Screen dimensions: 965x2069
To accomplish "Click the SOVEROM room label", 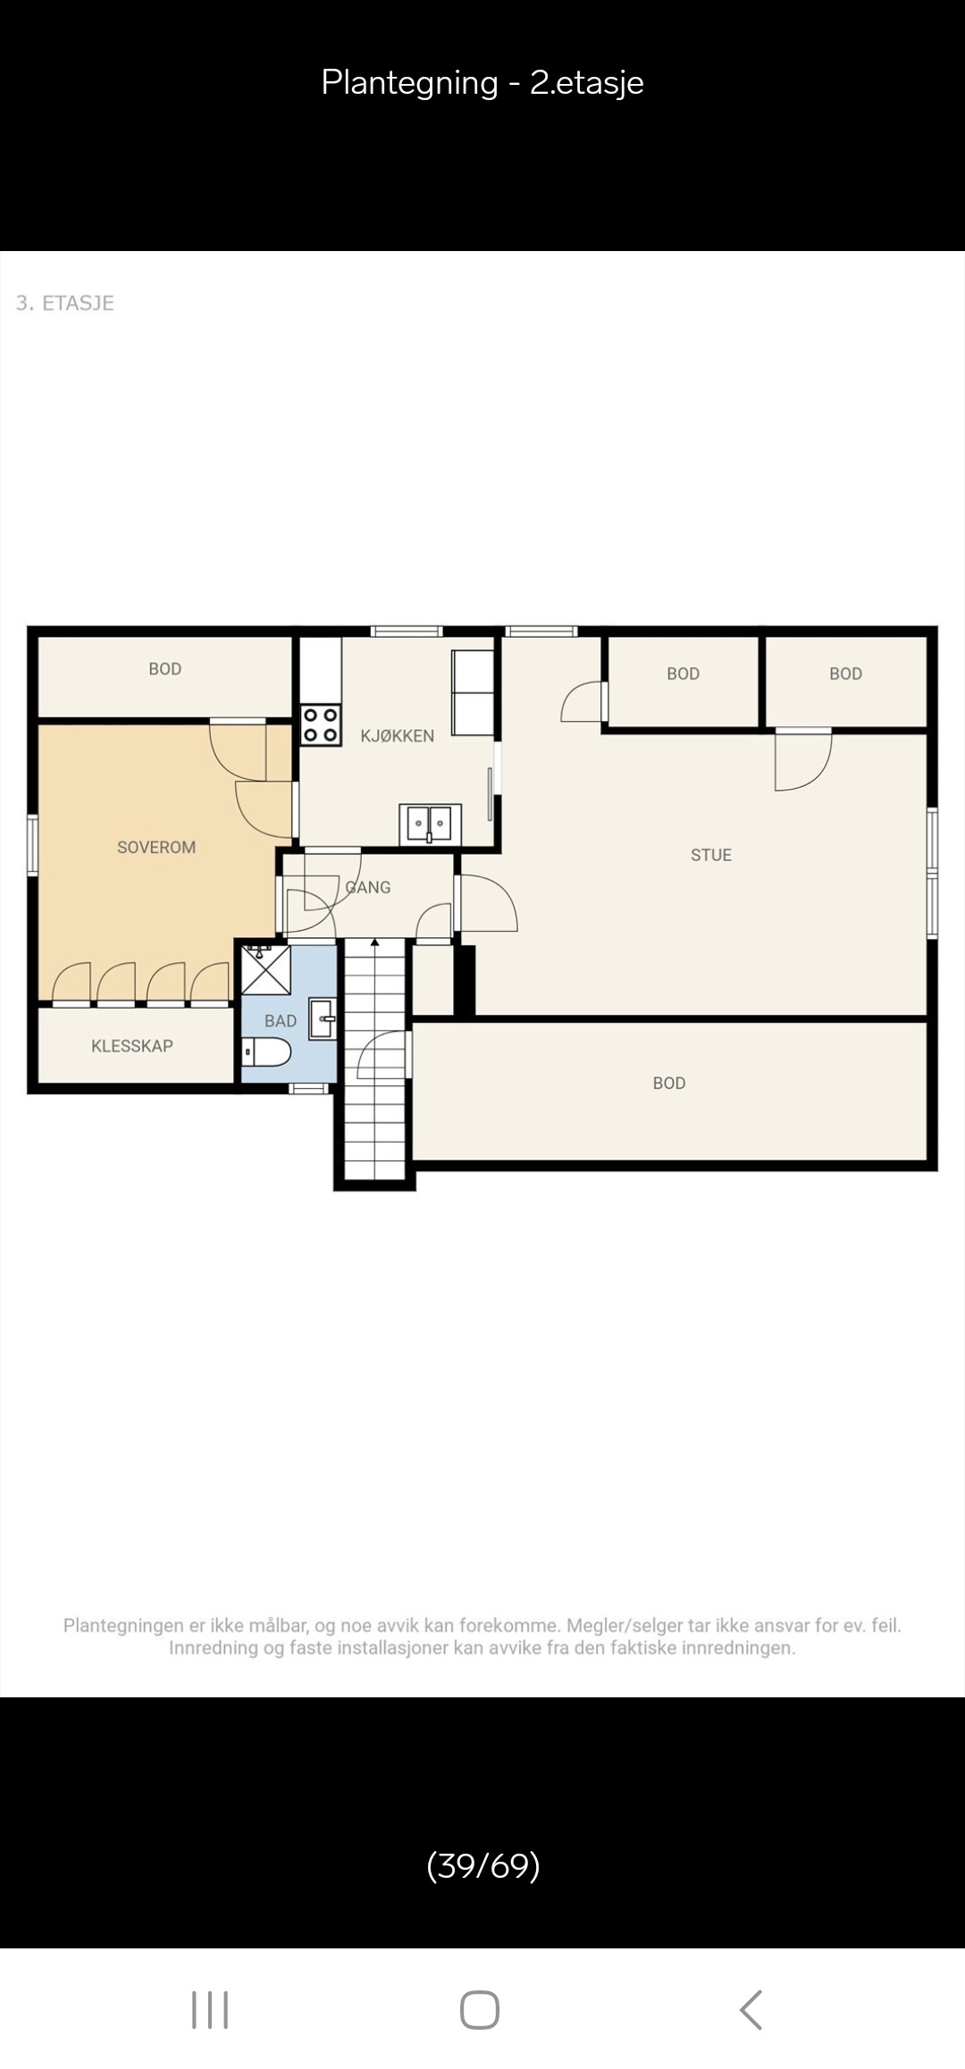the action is (156, 847).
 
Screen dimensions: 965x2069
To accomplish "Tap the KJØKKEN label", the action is (398, 735).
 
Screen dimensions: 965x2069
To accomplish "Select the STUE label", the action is (711, 855).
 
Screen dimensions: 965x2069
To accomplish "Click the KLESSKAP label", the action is (132, 1045).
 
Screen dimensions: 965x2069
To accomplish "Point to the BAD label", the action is (281, 1020).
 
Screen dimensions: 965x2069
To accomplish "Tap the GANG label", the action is (368, 887).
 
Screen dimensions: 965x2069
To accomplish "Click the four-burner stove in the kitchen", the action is (321, 725).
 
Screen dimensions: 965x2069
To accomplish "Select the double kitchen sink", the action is (430, 823).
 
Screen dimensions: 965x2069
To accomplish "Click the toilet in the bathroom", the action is (266, 1051).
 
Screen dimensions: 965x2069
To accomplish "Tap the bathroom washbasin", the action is (323, 1019).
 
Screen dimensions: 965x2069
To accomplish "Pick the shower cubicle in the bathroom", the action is (266, 969).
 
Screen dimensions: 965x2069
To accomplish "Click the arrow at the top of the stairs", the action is (375, 943).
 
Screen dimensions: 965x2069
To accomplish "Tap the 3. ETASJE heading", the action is (65, 303).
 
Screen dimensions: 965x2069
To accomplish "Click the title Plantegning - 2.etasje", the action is (482, 82).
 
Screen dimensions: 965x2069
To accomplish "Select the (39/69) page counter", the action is (483, 1865).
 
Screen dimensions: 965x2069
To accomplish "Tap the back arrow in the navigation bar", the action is (751, 2009).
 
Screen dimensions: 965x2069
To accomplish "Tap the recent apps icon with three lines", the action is (210, 2009).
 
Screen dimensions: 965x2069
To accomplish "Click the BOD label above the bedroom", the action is (165, 668).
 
